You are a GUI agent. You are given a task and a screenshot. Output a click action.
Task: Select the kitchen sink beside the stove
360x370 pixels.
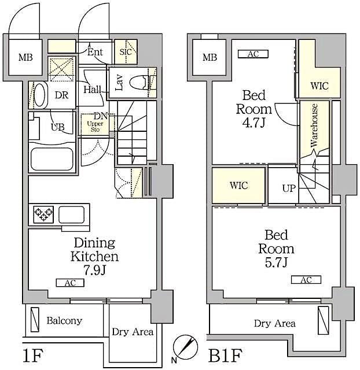click(x=72, y=214)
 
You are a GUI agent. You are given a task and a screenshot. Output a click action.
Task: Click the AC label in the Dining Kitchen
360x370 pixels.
click(x=70, y=283)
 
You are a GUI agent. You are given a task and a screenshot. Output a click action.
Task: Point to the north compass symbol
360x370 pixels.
click(x=185, y=345)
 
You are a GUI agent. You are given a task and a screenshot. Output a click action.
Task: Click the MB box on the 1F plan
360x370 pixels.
click(x=25, y=57)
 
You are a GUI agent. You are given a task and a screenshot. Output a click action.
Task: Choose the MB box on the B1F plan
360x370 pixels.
click(x=209, y=57)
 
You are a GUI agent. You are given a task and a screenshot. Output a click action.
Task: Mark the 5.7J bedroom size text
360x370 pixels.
click(x=279, y=263)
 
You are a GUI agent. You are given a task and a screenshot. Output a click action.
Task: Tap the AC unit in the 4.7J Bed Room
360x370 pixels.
click(x=253, y=54)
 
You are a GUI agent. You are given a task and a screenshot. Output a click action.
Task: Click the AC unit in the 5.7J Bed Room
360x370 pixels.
click(x=306, y=280)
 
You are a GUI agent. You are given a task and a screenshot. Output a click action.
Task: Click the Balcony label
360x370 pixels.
click(x=64, y=320)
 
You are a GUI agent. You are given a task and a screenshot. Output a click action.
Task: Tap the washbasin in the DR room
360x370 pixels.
click(x=38, y=95)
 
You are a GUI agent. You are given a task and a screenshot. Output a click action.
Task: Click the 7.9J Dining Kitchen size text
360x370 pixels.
click(x=95, y=270)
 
